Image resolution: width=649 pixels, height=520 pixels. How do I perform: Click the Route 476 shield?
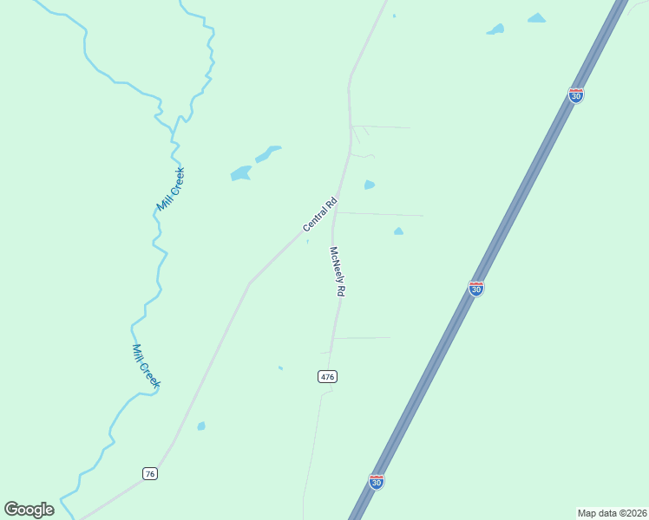tap(327, 376)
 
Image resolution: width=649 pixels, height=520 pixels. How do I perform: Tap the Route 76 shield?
tap(150, 473)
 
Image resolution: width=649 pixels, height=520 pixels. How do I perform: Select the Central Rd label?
tap(319, 215)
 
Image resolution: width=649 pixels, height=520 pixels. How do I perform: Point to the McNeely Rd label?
tap(337, 272)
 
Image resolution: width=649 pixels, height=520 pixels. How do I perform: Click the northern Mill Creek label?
tap(171, 189)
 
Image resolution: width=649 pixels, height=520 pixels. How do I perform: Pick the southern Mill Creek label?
tap(146, 366)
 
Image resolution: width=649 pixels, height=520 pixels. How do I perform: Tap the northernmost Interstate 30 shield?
tap(576, 94)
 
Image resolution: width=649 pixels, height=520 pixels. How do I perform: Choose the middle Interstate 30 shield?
tap(476, 288)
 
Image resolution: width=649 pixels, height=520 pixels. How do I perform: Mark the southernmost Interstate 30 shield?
tap(377, 481)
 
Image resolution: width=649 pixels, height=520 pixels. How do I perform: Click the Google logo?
tap(29, 510)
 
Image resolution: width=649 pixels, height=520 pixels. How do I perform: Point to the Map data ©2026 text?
tap(612, 513)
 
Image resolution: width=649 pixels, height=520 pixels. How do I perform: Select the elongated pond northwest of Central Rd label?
tap(268, 153)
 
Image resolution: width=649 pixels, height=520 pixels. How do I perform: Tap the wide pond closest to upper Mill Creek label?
tap(240, 173)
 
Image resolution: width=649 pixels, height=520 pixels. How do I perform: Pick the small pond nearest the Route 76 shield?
tap(201, 426)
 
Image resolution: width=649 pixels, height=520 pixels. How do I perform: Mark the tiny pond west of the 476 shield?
tap(280, 368)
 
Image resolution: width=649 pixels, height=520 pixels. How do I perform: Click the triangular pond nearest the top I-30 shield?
tap(537, 17)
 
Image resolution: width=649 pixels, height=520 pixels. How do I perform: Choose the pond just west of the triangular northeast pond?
tap(496, 29)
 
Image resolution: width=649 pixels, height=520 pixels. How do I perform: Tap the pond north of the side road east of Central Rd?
tap(370, 185)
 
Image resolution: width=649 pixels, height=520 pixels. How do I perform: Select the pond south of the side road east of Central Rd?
tap(398, 231)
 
